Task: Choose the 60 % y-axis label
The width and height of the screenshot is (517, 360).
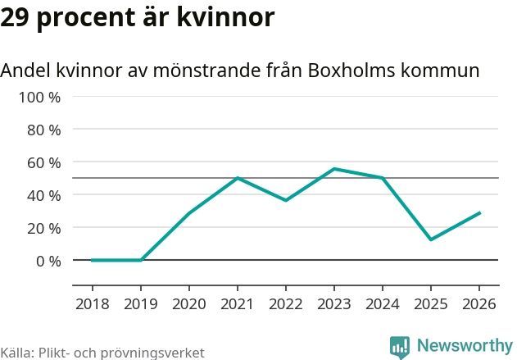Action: coord(43,162)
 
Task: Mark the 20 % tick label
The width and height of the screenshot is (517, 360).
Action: coord(43,228)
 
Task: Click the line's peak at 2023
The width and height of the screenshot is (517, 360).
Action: coord(334,169)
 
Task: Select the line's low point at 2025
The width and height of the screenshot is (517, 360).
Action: coord(431,239)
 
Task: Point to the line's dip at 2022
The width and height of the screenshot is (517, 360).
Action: coord(286,200)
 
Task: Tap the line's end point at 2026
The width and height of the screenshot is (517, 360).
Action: coord(479,212)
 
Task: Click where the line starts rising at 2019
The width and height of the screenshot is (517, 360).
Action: coord(141,260)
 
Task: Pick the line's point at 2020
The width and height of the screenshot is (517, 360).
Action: coord(189,213)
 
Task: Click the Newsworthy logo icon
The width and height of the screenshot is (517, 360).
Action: coord(400,346)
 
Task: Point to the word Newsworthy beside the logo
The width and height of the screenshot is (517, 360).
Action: coord(464,346)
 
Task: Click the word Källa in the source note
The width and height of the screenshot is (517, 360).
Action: coord(16,353)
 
